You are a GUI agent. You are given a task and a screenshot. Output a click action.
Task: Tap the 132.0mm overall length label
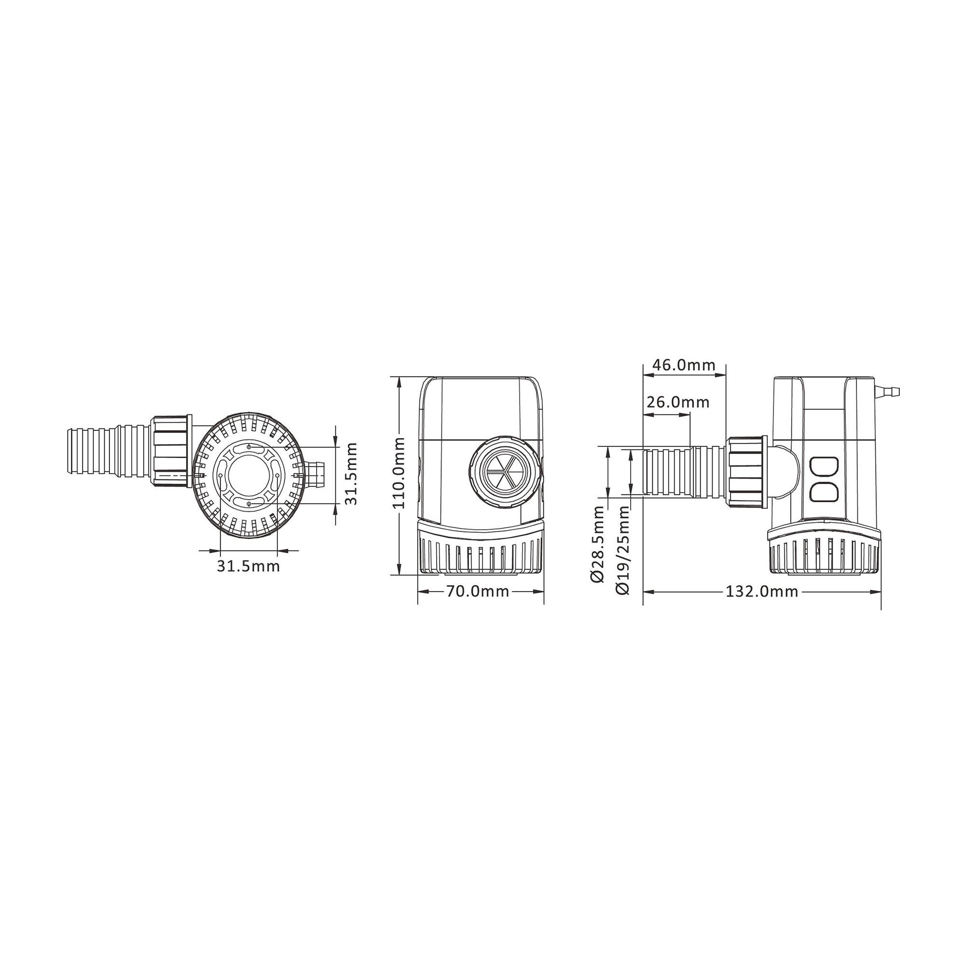click(762, 592)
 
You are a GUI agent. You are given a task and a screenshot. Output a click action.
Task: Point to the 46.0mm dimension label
click(684, 365)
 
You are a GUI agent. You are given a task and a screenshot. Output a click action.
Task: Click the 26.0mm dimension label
click(677, 401)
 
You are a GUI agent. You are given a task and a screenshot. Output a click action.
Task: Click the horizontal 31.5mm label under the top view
click(248, 566)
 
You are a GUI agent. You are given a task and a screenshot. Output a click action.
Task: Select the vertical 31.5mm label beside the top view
click(352, 473)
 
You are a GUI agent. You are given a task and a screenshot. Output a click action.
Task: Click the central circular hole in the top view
click(248, 472)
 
